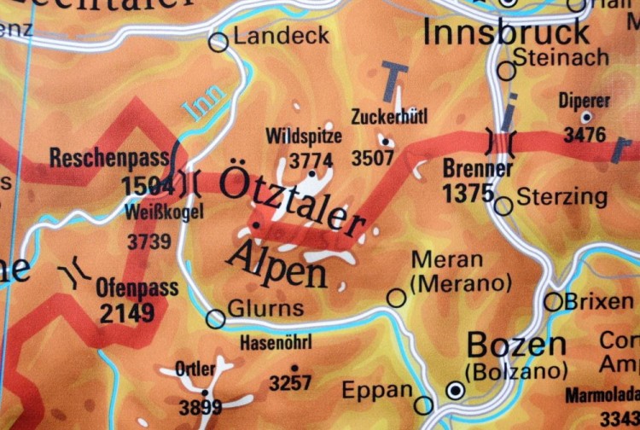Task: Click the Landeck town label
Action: [x=281, y=37]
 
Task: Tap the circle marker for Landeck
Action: [x=219, y=41]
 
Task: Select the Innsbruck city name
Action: [x=506, y=32]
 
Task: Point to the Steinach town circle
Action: [x=507, y=71]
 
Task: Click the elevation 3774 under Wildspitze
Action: [x=311, y=160]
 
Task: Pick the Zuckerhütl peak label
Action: [x=389, y=117]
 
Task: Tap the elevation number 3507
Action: [x=373, y=158]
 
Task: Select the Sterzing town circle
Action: [x=503, y=206]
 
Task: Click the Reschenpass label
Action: [x=108, y=159]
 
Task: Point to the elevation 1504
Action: [x=147, y=185]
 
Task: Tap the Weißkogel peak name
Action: [x=164, y=212]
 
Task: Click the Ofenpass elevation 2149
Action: [x=127, y=314]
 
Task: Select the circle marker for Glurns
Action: [x=216, y=319]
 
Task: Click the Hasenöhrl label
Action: [x=276, y=343]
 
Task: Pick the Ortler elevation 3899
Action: [x=201, y=408]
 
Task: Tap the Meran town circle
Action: [x=397, y=297]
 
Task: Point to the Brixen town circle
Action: [x=554, y=301]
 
